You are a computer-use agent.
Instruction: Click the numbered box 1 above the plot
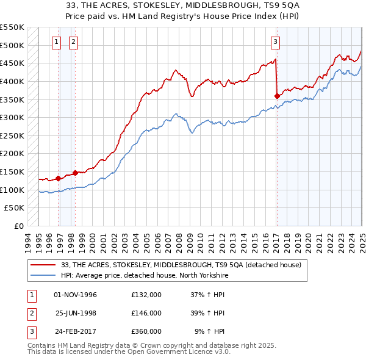56,42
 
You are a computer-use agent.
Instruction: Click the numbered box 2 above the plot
73,42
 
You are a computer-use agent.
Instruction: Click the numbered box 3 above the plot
275,42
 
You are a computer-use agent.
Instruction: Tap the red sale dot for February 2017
277,95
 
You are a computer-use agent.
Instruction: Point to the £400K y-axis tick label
13,81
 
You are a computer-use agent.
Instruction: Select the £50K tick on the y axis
15,208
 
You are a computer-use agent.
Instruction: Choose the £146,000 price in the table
146,313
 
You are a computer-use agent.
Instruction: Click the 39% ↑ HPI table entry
207,313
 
